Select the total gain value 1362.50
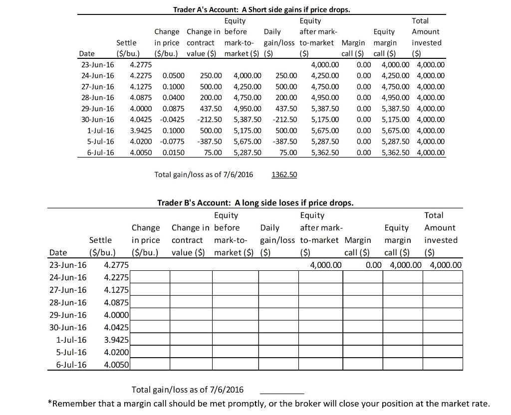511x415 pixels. [x=284, y=175]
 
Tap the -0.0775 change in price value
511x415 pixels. [x=173, y=141]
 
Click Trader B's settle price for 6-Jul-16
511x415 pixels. [x=116, y=365]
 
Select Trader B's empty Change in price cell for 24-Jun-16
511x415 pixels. [x=151, y=277]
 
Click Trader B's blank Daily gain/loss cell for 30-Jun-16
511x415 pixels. [x=278, y=327]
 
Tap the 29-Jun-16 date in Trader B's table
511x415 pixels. [x=67, y=315]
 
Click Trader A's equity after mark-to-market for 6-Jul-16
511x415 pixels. [x=324, y=152]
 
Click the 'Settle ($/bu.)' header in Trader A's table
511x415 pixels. [x=126, y=48]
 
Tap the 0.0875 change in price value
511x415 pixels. [x=173, y=108]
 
